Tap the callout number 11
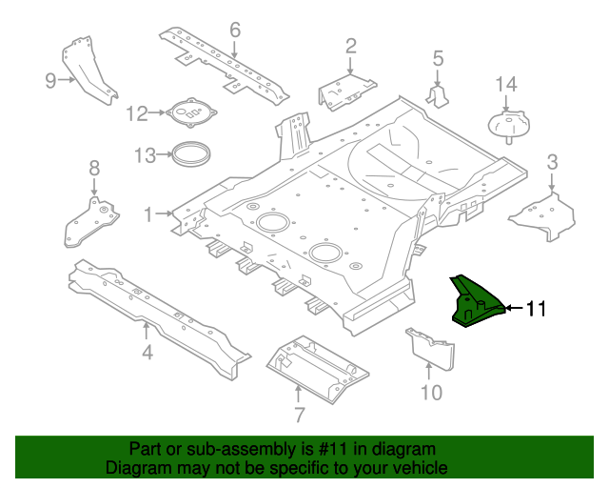(x=536, y=308)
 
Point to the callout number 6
(x=235, y=29)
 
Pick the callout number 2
(x=350, y=45)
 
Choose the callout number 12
(x=137, y=114)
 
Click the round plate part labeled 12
(x=193, y=113)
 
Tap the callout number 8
(x=93, y=169)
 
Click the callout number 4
(x=147, y=355)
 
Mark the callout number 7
(x=299, y=415)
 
